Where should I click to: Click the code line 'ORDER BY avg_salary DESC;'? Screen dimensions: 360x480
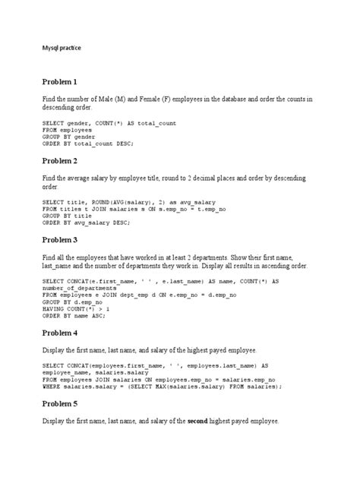(86, 223)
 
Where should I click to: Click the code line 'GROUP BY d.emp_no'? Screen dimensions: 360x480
(73, 302)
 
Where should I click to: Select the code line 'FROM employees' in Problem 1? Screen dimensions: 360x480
(68, 130)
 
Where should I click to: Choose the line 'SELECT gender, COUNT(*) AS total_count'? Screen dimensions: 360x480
(109, 123)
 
